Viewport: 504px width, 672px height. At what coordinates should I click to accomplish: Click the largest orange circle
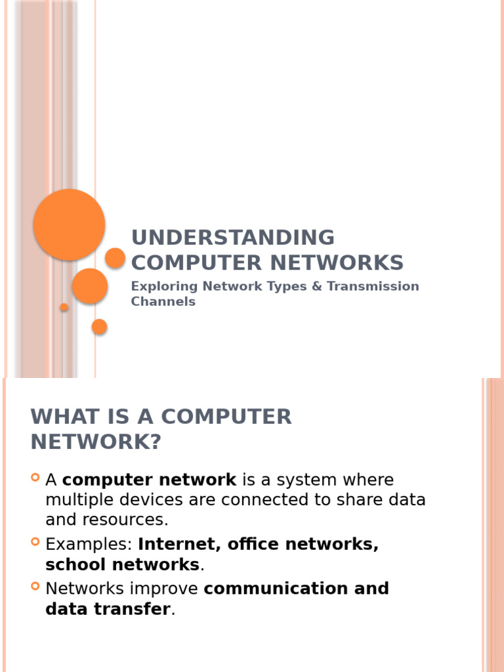[x=69, y=224]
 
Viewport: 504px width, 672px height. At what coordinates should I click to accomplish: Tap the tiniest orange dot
[x=64, y=307]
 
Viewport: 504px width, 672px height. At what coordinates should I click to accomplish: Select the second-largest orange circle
[x=90, y=286]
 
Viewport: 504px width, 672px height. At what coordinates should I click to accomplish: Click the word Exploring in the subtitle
[x=164, y=287]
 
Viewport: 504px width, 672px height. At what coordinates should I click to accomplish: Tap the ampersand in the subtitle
[x=318, y=287]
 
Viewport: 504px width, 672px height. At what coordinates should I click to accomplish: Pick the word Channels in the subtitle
[x=163, y=302]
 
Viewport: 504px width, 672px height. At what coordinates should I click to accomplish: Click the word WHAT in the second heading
[x=64, y=417]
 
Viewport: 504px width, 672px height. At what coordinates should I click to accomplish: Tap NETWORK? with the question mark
[x=95, y=442]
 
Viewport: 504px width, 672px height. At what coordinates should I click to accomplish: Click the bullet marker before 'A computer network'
[x=35, y=477]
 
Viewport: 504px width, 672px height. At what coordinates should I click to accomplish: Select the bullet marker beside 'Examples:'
[x=35, y=541]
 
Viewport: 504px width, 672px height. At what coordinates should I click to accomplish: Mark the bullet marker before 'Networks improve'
[x=35, y=585]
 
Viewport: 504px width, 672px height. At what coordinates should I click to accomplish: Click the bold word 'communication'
[x=277, y=588]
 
